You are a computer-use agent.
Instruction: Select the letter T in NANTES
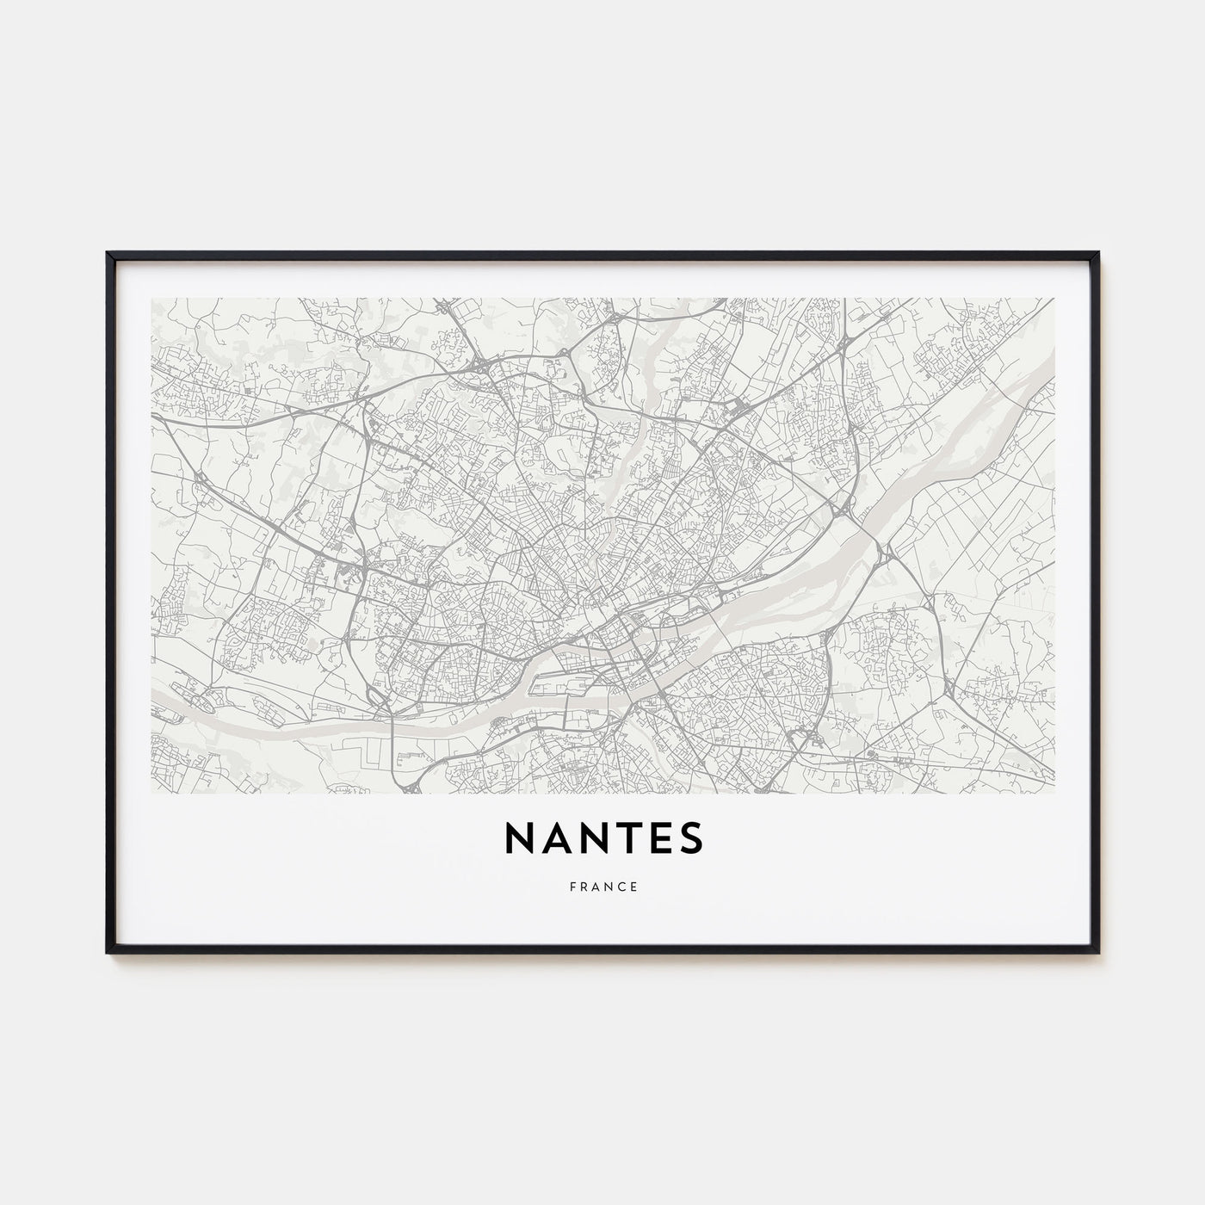(626, 836)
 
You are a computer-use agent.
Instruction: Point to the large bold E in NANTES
(659, 836)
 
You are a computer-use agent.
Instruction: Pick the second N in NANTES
(590, 836)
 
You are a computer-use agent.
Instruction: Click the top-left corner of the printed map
(151, 299)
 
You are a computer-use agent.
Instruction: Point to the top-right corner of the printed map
(1054, 299)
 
